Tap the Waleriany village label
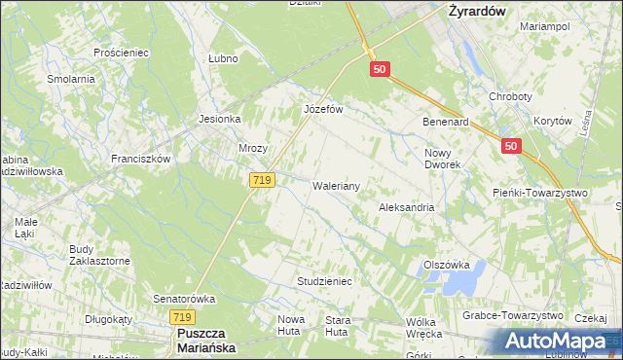click(337, 186)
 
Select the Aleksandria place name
click(406, 208)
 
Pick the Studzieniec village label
click(323, 281)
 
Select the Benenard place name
click(446, 124)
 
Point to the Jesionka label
click(219, 120)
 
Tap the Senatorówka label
click(183, 299)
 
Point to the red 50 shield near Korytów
click(513, 146)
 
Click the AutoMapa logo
click(555, 342)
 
